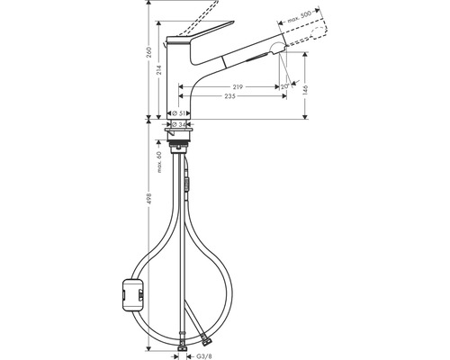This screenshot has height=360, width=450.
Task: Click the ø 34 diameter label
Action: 179,124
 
